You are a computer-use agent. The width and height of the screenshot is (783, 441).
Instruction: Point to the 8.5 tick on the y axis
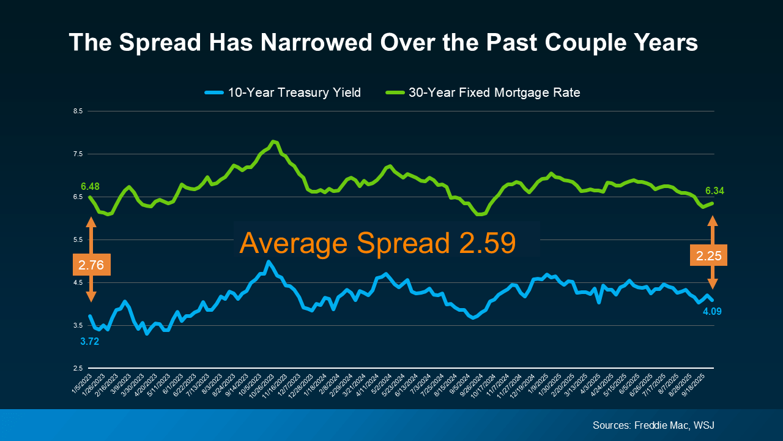[78, 111]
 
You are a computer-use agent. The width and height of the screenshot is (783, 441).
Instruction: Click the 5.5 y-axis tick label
[78, 239]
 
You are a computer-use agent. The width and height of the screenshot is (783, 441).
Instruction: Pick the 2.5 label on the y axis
[78, 368]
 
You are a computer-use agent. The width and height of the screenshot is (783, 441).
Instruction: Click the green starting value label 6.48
[89, 186]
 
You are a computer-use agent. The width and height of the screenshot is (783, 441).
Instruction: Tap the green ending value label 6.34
[714, 191]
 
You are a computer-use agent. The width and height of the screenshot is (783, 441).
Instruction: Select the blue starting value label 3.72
[89, 341]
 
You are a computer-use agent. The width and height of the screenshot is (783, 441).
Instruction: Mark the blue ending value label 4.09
[713, 311]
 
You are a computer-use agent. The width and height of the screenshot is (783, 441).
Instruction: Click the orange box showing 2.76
[91, 265]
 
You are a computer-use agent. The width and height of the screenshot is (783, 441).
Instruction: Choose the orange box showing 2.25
[708, 255]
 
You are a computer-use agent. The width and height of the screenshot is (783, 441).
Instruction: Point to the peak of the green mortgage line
[273, 141]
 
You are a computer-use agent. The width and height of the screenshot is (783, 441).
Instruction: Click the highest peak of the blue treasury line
[268, 262]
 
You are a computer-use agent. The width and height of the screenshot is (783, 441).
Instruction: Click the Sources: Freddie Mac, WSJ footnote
[654, 425]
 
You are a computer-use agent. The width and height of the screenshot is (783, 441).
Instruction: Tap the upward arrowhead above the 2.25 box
[713, 221]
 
